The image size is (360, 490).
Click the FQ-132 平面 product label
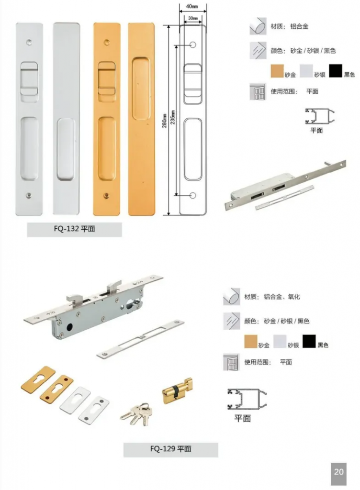(74, 229)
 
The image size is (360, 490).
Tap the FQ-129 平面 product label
(170, 449)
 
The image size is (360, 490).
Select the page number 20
(339, 471)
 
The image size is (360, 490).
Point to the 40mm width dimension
(192, 6)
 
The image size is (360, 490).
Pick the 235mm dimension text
(173, 118)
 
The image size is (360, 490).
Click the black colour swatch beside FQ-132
(335, 71)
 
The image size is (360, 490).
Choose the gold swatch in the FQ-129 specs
(251, 341)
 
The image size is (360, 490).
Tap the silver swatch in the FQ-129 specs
(280, 341)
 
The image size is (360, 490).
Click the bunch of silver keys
(136, 414)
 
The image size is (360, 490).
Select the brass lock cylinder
(177, 390)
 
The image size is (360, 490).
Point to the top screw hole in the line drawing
(193, 45)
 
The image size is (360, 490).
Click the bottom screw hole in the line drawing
(193, 196)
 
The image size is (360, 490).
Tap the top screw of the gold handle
(107, 42)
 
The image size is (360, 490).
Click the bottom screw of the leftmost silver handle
(29, 196)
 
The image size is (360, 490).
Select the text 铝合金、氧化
(282, 297)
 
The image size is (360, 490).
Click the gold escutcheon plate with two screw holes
(56, 389)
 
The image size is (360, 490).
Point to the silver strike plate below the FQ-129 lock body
(140, 339)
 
